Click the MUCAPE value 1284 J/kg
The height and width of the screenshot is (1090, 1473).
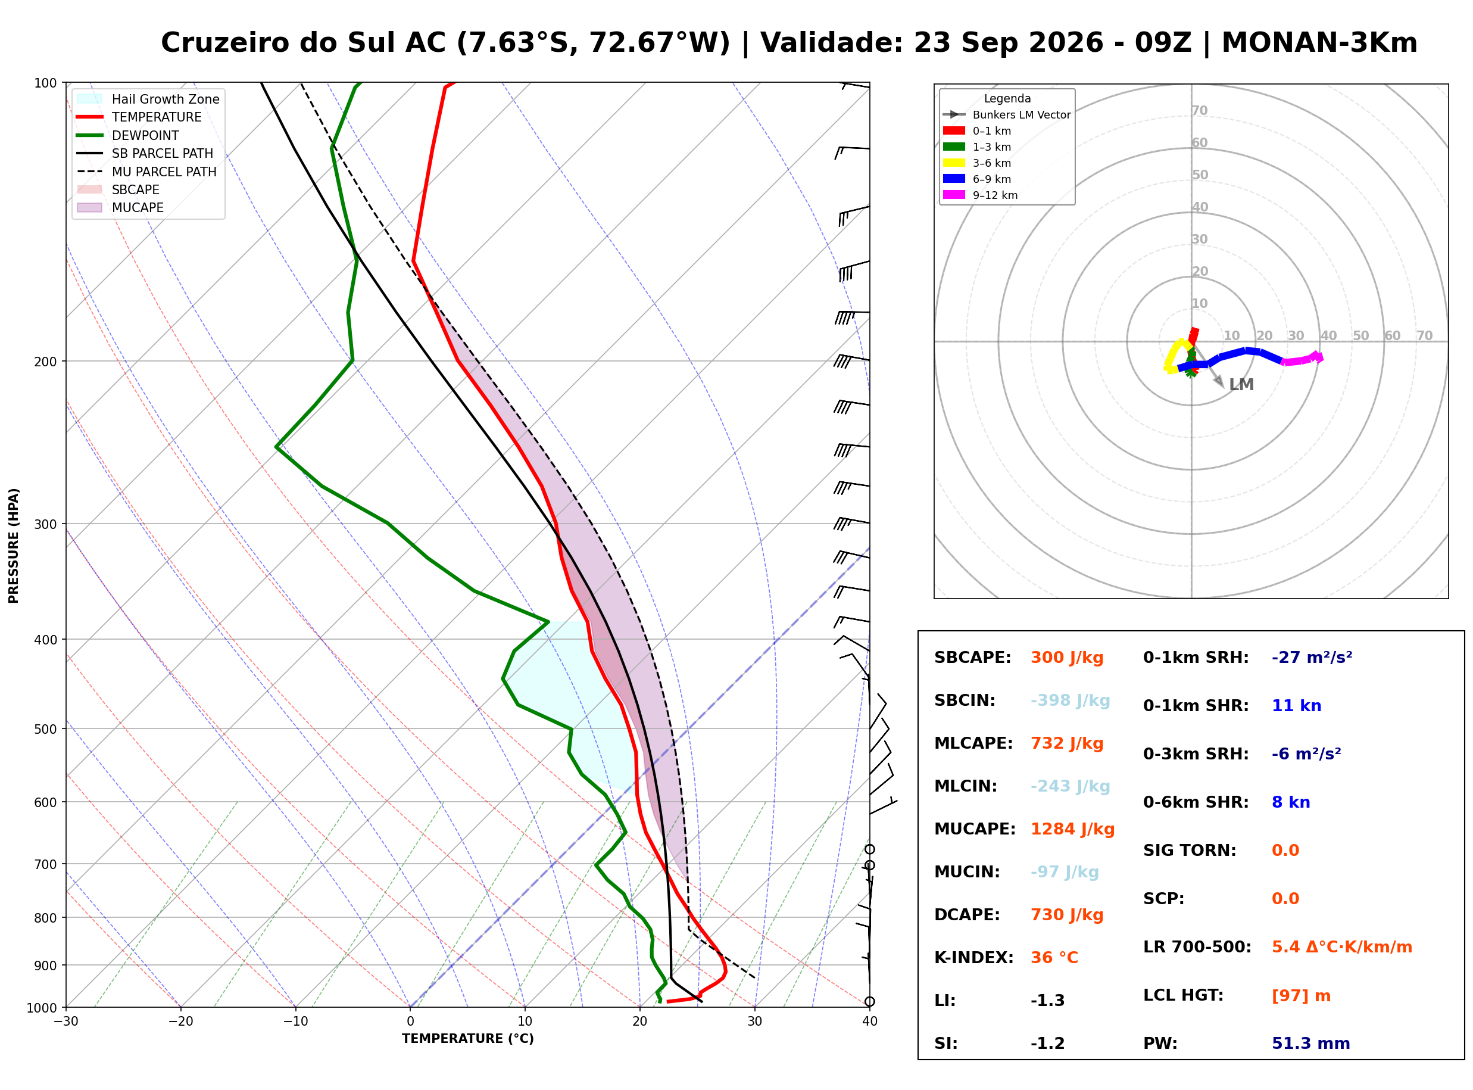[x=1072, y=829]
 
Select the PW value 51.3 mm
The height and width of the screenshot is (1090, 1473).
[x=1310, y=1044]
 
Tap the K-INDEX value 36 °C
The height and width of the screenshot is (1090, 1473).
[x=1054, y=958]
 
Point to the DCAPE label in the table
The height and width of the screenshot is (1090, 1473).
[x=966, y=915]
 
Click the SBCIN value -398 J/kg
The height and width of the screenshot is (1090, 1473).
[x=1070, y=700]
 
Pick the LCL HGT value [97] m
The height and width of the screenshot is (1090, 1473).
[x=1300, y=996]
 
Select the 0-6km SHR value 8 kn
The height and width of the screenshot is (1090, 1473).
[x=1290, y=802]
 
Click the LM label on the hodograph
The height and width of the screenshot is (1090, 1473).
[x=1241, y=385]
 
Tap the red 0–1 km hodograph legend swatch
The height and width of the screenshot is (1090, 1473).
[x=953, y=130]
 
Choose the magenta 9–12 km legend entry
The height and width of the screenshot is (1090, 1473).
[x=981, y=195]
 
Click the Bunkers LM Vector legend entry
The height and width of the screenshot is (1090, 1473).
[x=1007, y=115]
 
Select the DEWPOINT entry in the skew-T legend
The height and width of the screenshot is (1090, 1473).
[x=128, y=135]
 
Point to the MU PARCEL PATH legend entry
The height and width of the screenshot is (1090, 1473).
[x=146, y=172]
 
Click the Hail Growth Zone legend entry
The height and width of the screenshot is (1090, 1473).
[x=148, y=99]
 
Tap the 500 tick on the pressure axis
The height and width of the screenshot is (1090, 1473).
[x=45, y=729]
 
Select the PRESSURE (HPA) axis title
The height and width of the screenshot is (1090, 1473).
[x=14, y=546]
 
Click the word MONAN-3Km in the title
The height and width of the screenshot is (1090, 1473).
[x=1319, y=43]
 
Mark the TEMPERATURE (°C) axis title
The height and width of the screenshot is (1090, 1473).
[x=467, y=1039]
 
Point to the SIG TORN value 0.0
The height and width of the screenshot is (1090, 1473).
[x=1285, y=851]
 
